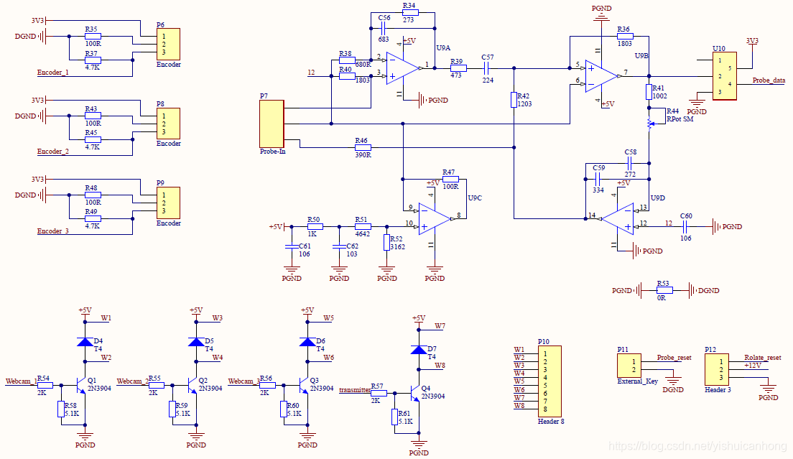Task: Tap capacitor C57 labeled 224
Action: pos(486,68)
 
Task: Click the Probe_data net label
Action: pos(768,80)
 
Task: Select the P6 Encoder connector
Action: pos(169,44)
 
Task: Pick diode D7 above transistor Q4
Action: pos(419,350)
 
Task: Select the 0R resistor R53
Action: pos(664,291)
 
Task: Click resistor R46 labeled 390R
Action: pos(363,148)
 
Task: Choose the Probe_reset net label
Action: pos(674,358)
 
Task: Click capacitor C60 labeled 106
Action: pos(685,227)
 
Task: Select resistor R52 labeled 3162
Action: pos(386,243)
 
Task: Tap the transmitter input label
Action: pos(354,389)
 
